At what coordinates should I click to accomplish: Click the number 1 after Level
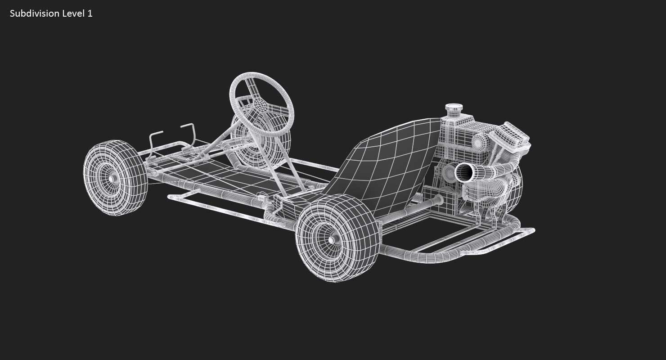[90, 13]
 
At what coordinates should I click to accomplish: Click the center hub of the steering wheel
[261, 108]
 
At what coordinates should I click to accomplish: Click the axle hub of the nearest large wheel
[332, 240]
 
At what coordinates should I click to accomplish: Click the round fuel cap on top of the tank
[454, 108]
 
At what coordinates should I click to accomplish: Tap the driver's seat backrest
[387, 162]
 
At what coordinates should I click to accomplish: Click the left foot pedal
[156, 137]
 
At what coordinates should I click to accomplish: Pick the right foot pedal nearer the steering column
[188, 130]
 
